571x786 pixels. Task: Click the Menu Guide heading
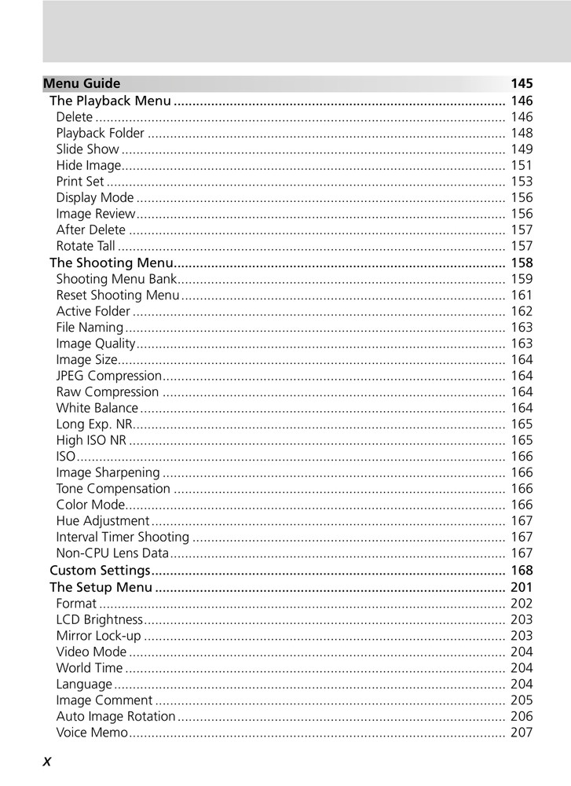tap(82, 83)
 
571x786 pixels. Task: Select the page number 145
tap(522, 83)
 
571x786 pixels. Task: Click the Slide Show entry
tap(88, 149)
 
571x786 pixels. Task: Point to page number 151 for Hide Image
tap(522, 165)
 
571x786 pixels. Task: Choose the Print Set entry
tap(80, 182)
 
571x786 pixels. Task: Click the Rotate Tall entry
tap(86, 246)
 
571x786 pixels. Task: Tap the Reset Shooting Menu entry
tap(118, 295)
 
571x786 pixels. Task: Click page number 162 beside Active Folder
tap(522, 311)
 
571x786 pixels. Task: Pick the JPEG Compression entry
tap(108, 376)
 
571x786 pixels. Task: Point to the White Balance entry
tap(97, 408)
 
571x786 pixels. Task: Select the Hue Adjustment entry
tap(102, 521)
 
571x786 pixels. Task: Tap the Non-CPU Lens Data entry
tap(112, 553)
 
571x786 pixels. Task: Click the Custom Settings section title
tap(100, 570)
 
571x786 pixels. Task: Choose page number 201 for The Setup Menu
tap(522, 587)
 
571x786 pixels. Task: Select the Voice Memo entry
tap(91, 733)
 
